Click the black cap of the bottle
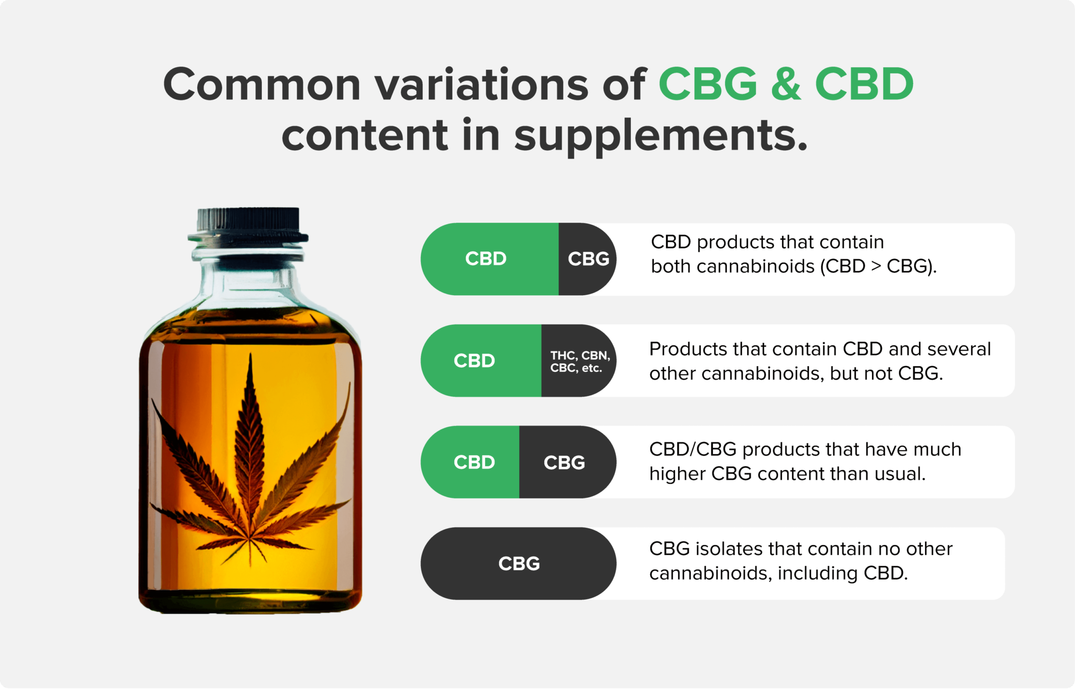tap(248, 221)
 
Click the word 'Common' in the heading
tap(261, 85)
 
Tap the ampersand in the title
tap(786, 85)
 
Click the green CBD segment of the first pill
tap(486, 259)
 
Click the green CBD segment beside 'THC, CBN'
tap(475, 361)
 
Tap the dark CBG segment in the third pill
tap(564, 463)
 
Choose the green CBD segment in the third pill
tap(475, 463)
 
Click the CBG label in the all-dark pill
tap(519, 564)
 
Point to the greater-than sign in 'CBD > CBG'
tap(876, 266)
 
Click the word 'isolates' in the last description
tap(729, 549)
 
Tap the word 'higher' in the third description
tap(677, 474)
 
